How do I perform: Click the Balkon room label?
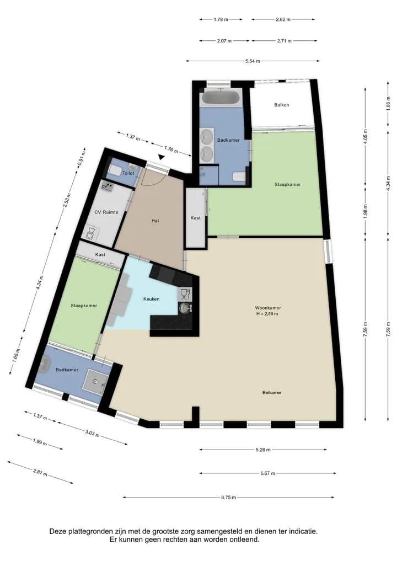coord(281,105)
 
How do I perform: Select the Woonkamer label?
coord(268,308)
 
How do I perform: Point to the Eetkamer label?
coord(272,393)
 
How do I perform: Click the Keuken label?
coord(151,299)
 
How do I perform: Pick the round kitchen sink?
coord(185,308)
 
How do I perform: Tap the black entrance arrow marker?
coord(162,157)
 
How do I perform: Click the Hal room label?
coord(155,221)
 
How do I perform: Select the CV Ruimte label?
coord(106,212)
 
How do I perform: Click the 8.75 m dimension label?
coord(228,497)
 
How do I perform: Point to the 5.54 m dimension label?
coord(253,61)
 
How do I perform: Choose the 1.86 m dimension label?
coord(388,104)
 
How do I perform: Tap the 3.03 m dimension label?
coord(92,434)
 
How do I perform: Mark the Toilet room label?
coord(128,173)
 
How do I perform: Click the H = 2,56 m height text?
coord(267,314)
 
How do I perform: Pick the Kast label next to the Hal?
coord(196,217)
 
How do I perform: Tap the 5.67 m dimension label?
coord(268,473)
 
